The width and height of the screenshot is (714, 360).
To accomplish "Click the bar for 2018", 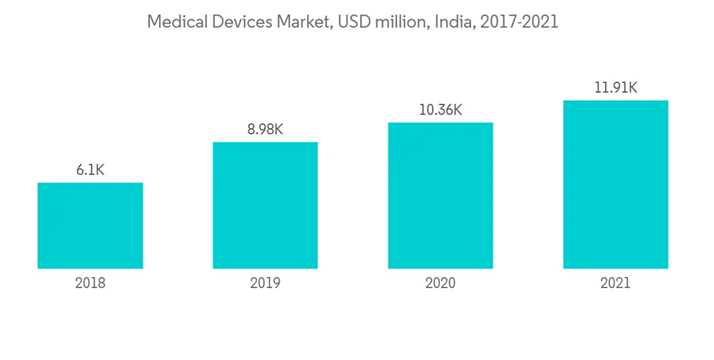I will point(90,226).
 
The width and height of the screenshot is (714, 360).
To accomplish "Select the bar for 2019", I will point(265,206).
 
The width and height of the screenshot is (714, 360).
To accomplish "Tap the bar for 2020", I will point(441,196).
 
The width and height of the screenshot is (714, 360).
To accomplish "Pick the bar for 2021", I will point(615,184).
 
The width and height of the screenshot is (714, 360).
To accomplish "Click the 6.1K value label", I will point(90,170).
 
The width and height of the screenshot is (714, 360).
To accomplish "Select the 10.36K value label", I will point(441,110).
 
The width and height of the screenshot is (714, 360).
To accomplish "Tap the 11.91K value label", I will point(615,88).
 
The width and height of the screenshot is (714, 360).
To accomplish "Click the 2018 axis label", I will point(90,283).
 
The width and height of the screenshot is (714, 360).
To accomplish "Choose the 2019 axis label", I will point(265,283).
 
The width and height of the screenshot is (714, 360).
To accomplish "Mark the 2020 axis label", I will point(441,283).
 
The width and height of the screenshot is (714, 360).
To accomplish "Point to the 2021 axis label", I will point(615,283).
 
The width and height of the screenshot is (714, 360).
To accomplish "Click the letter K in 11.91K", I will point(632,88).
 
